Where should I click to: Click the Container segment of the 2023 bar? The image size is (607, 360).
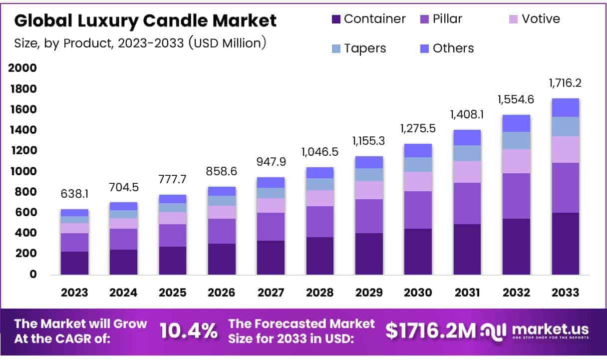click(x=74, y=263)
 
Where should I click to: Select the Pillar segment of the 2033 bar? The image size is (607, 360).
click(x=565, y=188)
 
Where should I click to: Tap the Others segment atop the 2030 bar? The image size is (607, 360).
click(x=418, y=150)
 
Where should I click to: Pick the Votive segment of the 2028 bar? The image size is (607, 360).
click(x=320, y=198)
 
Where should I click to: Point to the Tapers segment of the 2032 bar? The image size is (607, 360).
click(x=516, y=140)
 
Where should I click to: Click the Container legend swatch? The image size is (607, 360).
click(x=336, y=19)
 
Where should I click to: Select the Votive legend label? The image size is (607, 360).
click(x=541, y=19)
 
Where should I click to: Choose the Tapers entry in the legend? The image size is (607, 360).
click(x=365, y=48)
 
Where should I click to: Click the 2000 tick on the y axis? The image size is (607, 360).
click(x=22, y=68)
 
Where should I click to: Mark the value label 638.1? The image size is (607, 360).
click(x=74, y=194)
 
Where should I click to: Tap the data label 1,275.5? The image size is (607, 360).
click(x=418, y=128)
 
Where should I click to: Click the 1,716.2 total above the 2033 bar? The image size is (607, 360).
click(x=565, y=83)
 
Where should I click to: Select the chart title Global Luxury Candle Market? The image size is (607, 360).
click(x=145, y=20)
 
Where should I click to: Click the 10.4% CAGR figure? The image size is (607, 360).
click(x=189, y=331)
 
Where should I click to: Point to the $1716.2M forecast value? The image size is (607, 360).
click(x=431, y=331)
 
